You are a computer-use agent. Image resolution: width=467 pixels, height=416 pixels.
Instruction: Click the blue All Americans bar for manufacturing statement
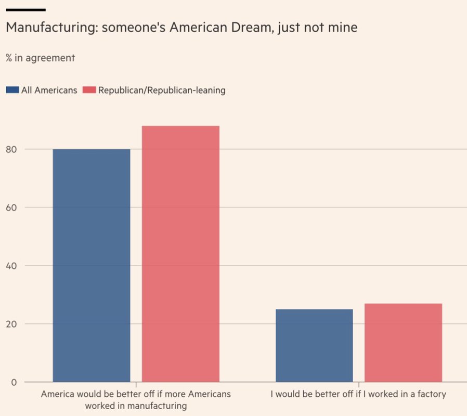[x=92, y=265]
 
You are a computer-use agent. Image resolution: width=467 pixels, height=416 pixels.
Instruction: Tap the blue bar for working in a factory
[x=314, y=346]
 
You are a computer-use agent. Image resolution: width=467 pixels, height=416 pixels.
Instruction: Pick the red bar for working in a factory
[x=403, y=343]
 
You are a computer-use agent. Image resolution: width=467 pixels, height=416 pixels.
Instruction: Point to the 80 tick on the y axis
[x=11, y=149]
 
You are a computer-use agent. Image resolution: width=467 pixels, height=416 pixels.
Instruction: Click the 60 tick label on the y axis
[x=11, y=207]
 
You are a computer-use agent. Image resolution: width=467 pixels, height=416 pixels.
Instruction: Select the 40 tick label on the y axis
[x=11, y=266]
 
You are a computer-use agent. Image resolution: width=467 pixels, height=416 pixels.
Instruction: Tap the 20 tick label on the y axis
[x=11, y=324]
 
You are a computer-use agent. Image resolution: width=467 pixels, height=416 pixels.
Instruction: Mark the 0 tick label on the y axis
[x=14, y=382]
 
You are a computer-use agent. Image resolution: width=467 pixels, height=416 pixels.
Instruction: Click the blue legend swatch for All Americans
[x=12, y=90]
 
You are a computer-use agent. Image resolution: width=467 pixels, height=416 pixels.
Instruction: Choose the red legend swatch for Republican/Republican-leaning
[x=89, y=90]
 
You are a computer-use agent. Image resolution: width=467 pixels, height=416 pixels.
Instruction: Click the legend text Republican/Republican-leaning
[x=162, y=90]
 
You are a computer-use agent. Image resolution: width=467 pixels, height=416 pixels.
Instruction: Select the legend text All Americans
[x=49, y=90]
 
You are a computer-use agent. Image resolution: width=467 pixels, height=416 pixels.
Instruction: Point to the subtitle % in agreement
[x=40, y=58]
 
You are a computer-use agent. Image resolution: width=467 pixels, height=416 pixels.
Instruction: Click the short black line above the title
[x=25, y=9]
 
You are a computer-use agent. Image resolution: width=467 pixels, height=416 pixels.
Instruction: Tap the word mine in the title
[x=345, y=28]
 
